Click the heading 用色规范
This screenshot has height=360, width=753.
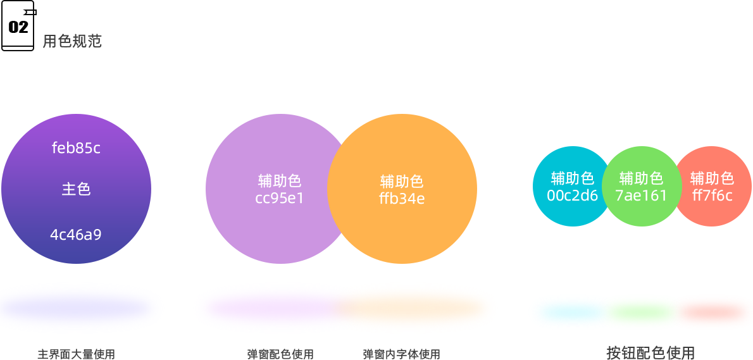coord(72,42)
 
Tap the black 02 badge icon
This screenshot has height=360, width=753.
coord(18,27)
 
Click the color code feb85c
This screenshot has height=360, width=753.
coord(76,149)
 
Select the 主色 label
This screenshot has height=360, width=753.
coord(76,189)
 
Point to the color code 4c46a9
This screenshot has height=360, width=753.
coord(76,235)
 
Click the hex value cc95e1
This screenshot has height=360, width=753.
coord(280,198)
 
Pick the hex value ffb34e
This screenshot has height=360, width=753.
coord(402,199)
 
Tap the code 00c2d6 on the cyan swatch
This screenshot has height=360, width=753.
coord(572,196)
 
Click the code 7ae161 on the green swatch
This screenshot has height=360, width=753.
coord(641,196)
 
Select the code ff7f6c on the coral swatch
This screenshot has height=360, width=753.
coord(712,196)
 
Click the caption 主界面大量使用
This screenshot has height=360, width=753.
coord(76,354)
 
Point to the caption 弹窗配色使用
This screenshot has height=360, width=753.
coord(280,354)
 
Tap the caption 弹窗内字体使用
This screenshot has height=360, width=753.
coord(401,354)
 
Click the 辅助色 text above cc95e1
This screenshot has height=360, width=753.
coord(280,181)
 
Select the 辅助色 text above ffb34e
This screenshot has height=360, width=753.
coord(402,182)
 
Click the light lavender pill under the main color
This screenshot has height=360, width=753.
coord(81,308)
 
